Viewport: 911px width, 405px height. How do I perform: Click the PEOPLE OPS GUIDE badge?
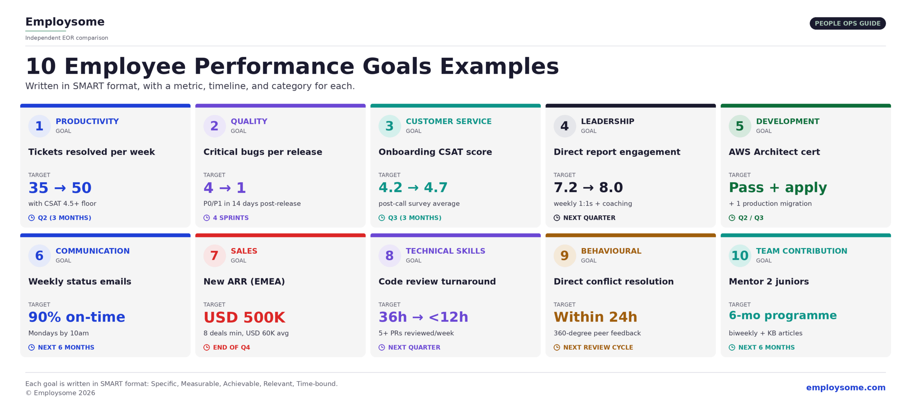(847, 23)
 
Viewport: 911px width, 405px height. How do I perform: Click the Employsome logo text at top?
(65, 22)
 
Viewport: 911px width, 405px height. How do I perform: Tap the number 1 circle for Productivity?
(39, 126)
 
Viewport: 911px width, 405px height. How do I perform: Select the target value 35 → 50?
(60, 188)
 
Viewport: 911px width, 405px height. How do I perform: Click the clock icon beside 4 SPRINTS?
(206, 218)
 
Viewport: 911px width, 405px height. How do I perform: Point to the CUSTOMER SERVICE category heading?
(448, 121)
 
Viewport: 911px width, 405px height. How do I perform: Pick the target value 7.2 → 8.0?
(588, 187)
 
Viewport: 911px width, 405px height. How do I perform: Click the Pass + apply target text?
(778, 187)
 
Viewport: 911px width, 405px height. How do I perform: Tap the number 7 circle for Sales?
(214, 256)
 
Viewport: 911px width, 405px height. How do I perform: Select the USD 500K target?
(244, 317)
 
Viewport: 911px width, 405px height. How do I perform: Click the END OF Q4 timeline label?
(231, 347)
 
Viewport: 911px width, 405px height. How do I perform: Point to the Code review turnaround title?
(437, 282)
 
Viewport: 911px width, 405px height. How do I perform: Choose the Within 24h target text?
(595, 317)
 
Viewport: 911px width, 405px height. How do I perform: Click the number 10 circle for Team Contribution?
(739, 256)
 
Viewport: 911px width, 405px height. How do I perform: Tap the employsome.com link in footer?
(846, 387)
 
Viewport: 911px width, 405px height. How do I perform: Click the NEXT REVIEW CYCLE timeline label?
(598, 347)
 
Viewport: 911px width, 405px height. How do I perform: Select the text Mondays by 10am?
(58, 333)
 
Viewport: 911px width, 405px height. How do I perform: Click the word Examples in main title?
(499, 66)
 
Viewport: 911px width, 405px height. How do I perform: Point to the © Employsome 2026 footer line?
(60, 393)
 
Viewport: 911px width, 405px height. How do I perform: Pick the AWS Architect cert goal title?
(774, 152)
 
